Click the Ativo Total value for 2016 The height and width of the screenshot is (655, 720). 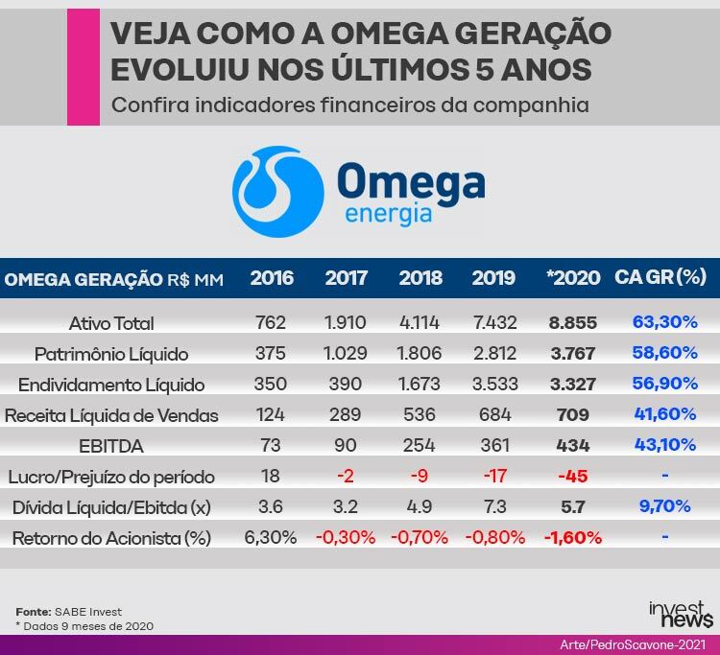point(271,322)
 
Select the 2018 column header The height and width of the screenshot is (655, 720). point(420,278)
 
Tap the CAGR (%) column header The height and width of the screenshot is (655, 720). point(660,277)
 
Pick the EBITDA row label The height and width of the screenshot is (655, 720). point(111,446)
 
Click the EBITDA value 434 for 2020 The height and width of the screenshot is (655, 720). point(573,445)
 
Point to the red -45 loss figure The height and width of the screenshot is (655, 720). point(573,476)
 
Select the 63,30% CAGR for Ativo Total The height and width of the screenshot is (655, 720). point(665,322)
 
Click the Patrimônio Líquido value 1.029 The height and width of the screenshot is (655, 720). point(345,353)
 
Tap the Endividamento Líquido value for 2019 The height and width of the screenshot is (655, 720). point(495,384)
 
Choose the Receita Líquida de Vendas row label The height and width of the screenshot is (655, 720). point(111,415)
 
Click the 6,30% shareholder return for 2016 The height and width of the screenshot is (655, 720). point(271,538)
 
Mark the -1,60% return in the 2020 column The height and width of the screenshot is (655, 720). point(573,538)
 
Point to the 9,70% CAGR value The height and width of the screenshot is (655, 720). point(665,506)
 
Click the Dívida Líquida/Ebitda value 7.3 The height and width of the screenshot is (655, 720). point(495,507)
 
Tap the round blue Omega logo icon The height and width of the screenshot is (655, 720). point(278,192)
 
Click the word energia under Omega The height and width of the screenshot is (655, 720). point(389,215)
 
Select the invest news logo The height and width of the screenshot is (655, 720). point(681,614)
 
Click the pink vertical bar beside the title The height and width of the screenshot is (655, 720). point(84,67)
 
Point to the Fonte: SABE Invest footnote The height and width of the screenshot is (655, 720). point(69,612)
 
